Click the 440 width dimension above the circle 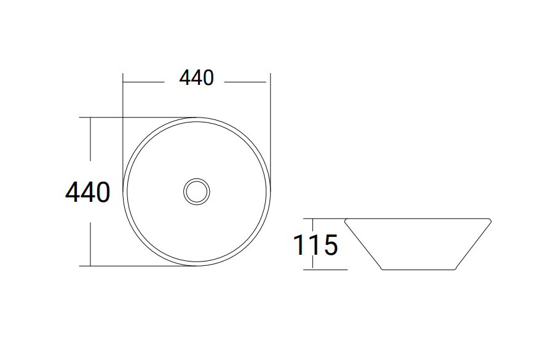pyautogui.click(x=196, y=78)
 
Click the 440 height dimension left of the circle pyautogui.click(x=88, y=192)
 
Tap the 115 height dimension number pyautogui.click(x=316, y=245)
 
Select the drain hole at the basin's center pyautogui.click(x=197, y=191)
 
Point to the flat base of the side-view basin pyautogui.click(x=418, y=270)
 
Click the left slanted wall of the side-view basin pyautogui.click(x=363, y=244)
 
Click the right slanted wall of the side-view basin pyautogui.click(x=473, y=244)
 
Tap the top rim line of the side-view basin pyautogui.click(x=418, y=218)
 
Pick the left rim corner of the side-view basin pyautogui.click(x=346, y=220)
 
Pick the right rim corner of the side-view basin pyautogui.click(x=490, y=220)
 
